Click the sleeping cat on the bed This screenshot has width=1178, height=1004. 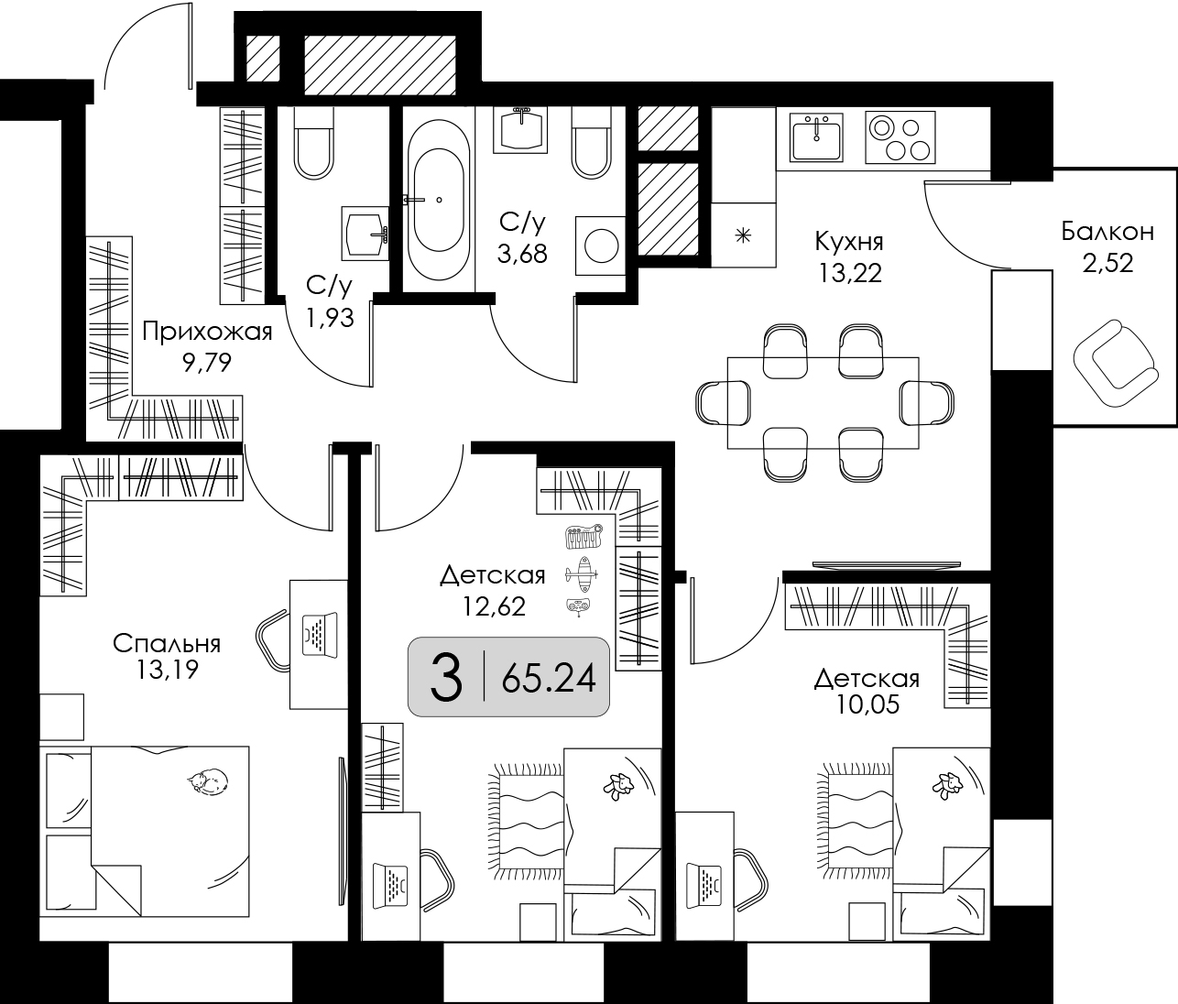pos(208,780)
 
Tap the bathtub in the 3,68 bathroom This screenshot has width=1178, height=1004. pos(438,200)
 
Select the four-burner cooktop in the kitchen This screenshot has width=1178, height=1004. pos(900,137)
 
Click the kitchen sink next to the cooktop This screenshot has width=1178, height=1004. pos(816,136)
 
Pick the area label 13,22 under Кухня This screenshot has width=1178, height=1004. pos(850,273)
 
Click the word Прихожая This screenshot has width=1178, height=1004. pos(207,332)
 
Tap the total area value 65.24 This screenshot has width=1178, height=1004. pos(549,679)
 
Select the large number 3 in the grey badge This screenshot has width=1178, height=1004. pos(446,677)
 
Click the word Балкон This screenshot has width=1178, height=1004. pos(1107,232)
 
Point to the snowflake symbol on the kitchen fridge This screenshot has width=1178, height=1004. pos(743,235)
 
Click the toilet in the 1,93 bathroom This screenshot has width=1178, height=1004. pos(313,143)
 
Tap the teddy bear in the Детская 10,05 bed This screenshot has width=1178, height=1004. pos(947,786)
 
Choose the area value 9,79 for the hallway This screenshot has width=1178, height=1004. pos(207,363)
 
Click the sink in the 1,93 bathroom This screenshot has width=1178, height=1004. pos(365,233)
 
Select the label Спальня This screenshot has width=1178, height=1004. pos(167,644)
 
